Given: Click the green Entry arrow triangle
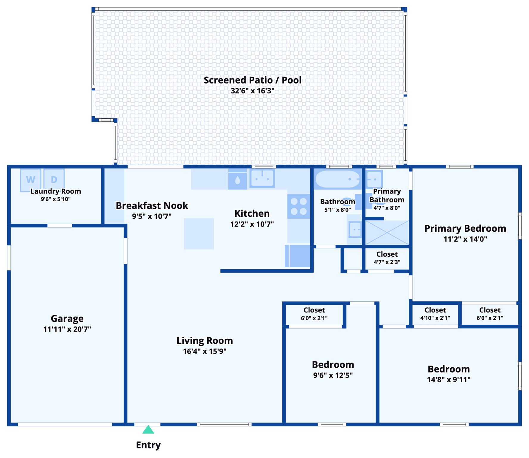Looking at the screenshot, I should [x=148, y=430].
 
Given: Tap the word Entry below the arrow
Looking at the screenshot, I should [x=148, y=445].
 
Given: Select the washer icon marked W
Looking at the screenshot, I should [x=31, y=180].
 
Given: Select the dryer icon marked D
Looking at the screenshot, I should [x=54, y=180].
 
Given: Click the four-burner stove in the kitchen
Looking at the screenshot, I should [x=299, y=206].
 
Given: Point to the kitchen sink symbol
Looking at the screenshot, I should [x=262, y=179].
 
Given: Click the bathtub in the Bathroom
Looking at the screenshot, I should [x=338, y=180].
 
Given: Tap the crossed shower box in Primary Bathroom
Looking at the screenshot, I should [x=387, y=232].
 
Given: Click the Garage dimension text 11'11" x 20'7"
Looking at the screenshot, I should [x=67, y=329].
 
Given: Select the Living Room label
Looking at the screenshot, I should [x=205, y=341].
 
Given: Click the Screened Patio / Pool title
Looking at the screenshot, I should [x=252, y=80].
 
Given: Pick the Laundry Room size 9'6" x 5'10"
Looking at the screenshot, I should [x=56, y=199].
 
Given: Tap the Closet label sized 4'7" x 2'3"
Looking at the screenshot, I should [x=387, y=254].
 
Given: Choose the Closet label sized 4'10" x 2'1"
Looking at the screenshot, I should [x=435, y=310].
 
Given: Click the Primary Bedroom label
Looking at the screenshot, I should [x=465, y=228].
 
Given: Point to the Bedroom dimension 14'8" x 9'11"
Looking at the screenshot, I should [x=449, y=380].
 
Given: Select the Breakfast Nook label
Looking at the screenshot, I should [x=152, y=205].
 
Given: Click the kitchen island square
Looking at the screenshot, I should [x=199, y=234].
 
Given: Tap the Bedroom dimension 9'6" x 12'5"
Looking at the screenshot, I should [x=333, y=375].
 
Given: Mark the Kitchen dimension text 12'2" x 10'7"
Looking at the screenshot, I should [x=252, y=224].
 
